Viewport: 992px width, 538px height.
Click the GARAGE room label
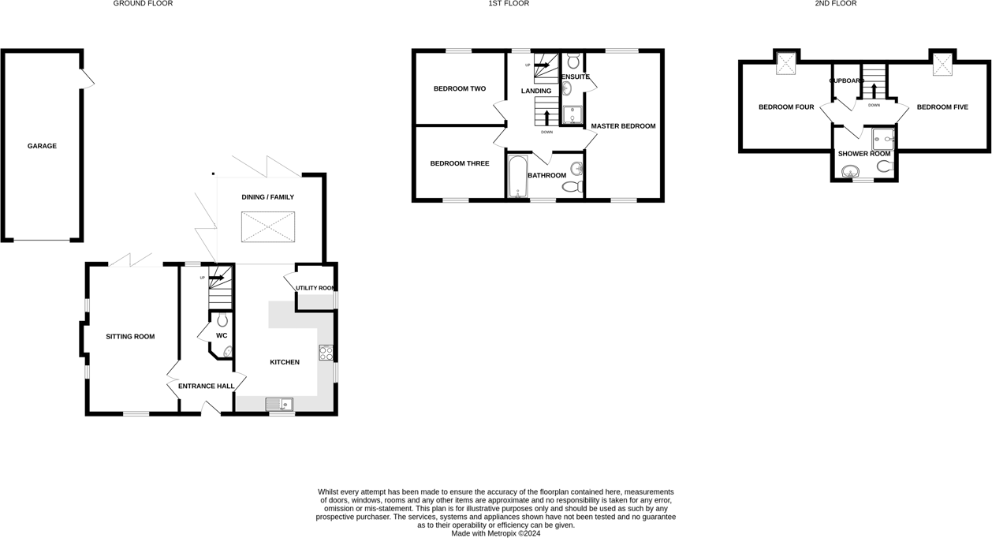pyautogui.click(x=42, y=146)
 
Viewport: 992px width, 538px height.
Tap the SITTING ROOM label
pyautogui.click(x=130, y=337)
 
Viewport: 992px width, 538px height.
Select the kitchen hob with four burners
pyautogui.click(x=326, y=353)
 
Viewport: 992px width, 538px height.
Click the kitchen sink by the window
pyautogui.click(x=278, y=405)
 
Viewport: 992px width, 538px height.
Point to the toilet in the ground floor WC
pyautogui.click(x=222, y=320)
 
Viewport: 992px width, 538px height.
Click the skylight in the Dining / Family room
pyautogui.click(x=267, y=226)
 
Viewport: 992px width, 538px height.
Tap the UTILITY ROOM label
pyautogui.click(x=315, y=289)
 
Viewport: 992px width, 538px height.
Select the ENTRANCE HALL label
pyautogui.click(x=206, y=387)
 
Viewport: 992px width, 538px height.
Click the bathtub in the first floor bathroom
pyautogui.click(x=517, y=176)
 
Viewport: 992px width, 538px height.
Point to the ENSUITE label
pyautogui.click(x=575, y=77)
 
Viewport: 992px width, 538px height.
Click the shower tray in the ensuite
pyautogui.click(x=572, y=115)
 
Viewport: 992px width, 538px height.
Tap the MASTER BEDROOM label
pyautogui.click(x=623, y=126)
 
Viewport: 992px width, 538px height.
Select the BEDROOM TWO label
pyautogui.click(x=460, y=89)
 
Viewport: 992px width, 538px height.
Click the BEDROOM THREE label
pyautogui.click(x=460, y=164)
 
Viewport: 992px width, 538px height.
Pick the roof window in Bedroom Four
pyautogui.click(x=785, y=65)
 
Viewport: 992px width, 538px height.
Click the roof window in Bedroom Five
pyautogui.click(x=942, y=65)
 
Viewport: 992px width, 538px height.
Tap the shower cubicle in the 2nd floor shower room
pyautogui.click(x=882, y=139)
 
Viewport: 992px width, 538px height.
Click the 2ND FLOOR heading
pyautogui.click(x=836, y=4)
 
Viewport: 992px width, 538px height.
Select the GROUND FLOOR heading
pyautogui.click(x=143, y=4)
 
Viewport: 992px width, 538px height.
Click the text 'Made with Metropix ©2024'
pyautogui.click(x=495, y=533)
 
